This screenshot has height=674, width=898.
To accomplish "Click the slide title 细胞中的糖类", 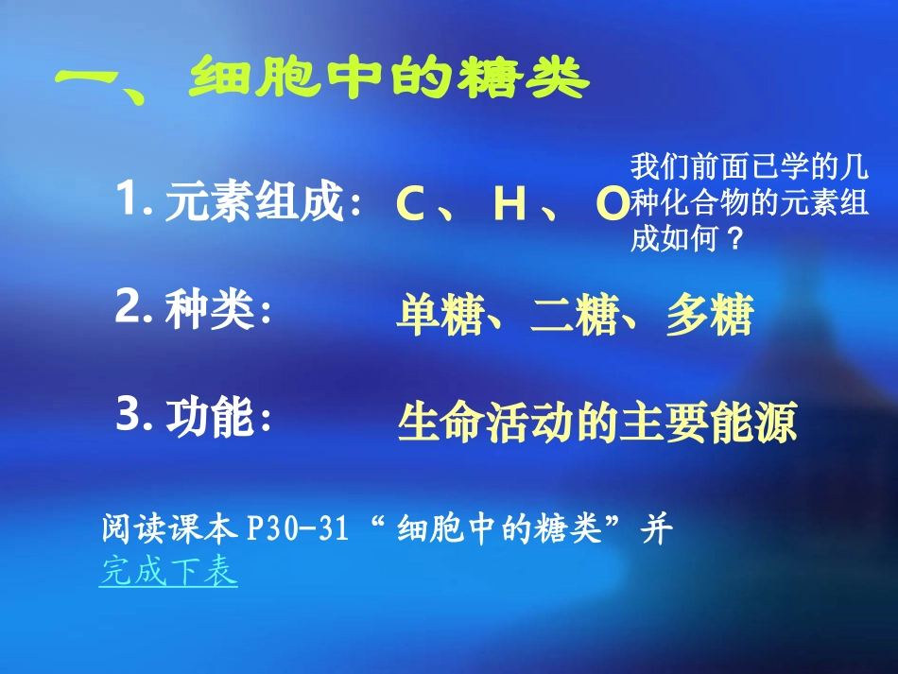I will (389, 80).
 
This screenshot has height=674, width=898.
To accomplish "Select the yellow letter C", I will (410, 205).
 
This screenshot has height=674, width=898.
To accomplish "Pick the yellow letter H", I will (509, 205).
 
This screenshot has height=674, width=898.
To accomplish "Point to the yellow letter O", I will (611, 204).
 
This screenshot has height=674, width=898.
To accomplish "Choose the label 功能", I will (210, 418).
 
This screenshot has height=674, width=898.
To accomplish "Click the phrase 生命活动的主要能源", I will (597, 423).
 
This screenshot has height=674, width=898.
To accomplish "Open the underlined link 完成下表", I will (168, 572).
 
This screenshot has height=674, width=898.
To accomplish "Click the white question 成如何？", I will (687, 239).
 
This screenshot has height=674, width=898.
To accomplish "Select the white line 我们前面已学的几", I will (750, 169).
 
